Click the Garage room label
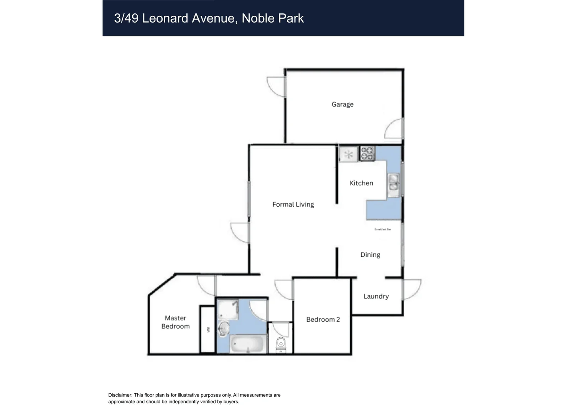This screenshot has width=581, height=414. [x=342, y=104]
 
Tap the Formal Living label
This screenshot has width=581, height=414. [x=293, y=204]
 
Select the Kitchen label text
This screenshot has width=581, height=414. [x=361, y=183]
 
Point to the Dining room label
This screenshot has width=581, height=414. [x=370, y=255]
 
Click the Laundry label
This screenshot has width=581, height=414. [x=376, y=296]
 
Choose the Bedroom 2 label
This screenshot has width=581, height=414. [x=323, y=319]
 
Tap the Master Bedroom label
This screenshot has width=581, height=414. [x=175, y=322]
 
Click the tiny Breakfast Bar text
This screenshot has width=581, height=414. [x=382, y=230]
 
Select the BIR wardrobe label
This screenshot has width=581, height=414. [x=208, y=330]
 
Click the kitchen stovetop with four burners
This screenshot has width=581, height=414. [x=367, y=153]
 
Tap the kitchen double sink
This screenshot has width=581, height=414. [x=393, y=185]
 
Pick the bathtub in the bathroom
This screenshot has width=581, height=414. [x=248, y=344]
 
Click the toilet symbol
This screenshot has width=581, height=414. [x=281, y=344]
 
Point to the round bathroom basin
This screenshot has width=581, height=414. [x=224, y=329]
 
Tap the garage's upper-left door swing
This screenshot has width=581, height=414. [x=276, y=86]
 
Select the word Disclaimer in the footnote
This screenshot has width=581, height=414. [x=120, y=395]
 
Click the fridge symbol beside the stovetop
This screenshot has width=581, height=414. [x=348, y=154]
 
